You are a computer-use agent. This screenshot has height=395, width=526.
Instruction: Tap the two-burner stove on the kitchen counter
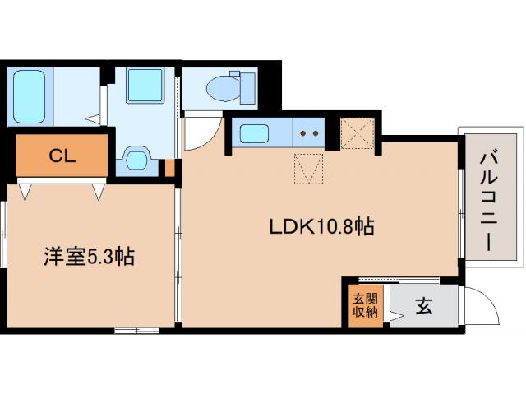point(309,132)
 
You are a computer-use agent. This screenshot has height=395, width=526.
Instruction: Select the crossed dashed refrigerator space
point(358,134)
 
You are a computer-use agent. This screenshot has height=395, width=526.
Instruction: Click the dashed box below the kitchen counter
point(309,171)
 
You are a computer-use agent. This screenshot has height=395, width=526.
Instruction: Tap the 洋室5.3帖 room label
point(88,257)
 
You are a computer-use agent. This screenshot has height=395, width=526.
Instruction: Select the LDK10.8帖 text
point(321,226)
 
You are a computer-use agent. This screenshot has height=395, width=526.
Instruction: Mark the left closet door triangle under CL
point(27,192)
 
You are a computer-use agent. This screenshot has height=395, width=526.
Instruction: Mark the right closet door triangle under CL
point(99,192)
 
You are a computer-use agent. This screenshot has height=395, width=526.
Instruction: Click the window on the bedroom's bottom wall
point(136,330)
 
